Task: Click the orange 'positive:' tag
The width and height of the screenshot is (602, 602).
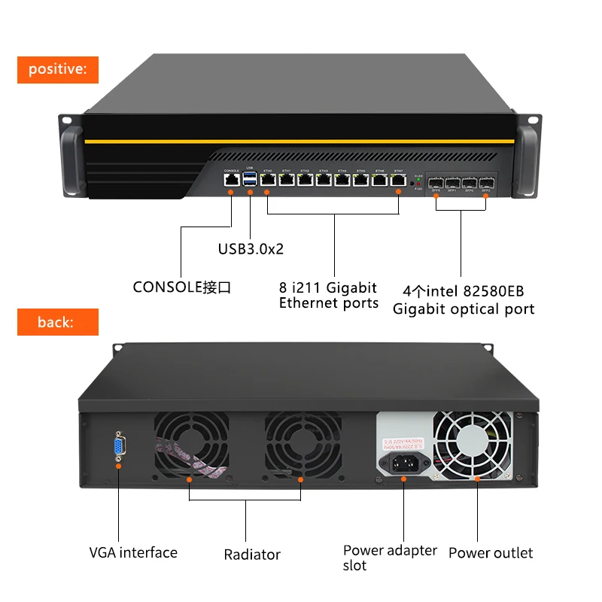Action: [x=58, y=69]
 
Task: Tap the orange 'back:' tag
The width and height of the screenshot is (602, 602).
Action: [x=58, y=322]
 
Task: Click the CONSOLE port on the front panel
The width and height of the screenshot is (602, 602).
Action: [x=230, y=180]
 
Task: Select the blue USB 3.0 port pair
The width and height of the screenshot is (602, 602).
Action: [x=250, y=179]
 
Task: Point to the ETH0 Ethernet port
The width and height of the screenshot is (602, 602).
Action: [x=268, y=180]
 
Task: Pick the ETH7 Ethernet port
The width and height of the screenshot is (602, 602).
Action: [x=399, y=180]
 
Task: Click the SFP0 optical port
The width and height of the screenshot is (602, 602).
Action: [x=436, y=183]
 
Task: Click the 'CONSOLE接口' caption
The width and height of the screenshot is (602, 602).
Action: [x=181, y=287]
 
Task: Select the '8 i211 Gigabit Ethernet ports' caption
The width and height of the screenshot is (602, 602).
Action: [x=328, y=295]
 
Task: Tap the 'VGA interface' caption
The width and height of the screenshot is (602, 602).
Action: [x=133, y=552]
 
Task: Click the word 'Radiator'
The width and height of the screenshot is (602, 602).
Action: [x=252, y=555]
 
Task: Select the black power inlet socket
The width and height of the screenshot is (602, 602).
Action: [x=404, y=462]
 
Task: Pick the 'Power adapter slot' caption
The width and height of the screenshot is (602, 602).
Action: [x=389, y=557]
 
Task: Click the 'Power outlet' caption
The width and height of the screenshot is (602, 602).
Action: [x=491, y=553]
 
